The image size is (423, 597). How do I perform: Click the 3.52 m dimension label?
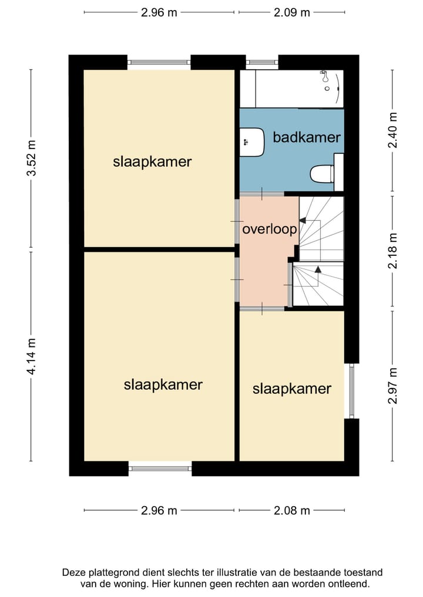tap(31, 158)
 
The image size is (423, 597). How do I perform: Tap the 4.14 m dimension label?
tap(31, 356)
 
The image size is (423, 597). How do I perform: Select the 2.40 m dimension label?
tap(392, 130)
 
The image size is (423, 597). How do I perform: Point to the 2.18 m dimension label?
tap(392, 251)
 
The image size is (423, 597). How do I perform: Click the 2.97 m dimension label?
tap(392, 386)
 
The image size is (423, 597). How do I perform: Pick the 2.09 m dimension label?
tap(292, 12)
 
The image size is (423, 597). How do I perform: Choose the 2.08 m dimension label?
tap(292, 510)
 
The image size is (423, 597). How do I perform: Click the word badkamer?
tap(307, 137)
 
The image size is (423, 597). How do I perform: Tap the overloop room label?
tap(270, 229)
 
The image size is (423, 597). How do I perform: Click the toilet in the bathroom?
tap(323, 174)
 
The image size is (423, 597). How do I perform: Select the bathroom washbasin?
tap(252, 142)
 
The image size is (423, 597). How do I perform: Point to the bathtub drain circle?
tap(327, 89)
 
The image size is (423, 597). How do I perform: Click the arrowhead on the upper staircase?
tap(303, 220)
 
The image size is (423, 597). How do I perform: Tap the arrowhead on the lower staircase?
tap(318, 269)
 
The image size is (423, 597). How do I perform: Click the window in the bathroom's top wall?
tap(262, 62)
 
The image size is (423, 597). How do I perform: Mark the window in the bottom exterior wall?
tap(160, 468)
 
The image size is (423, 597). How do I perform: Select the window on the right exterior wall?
tap(352, 390)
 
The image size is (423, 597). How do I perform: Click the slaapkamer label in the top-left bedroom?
tap(152, 162)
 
